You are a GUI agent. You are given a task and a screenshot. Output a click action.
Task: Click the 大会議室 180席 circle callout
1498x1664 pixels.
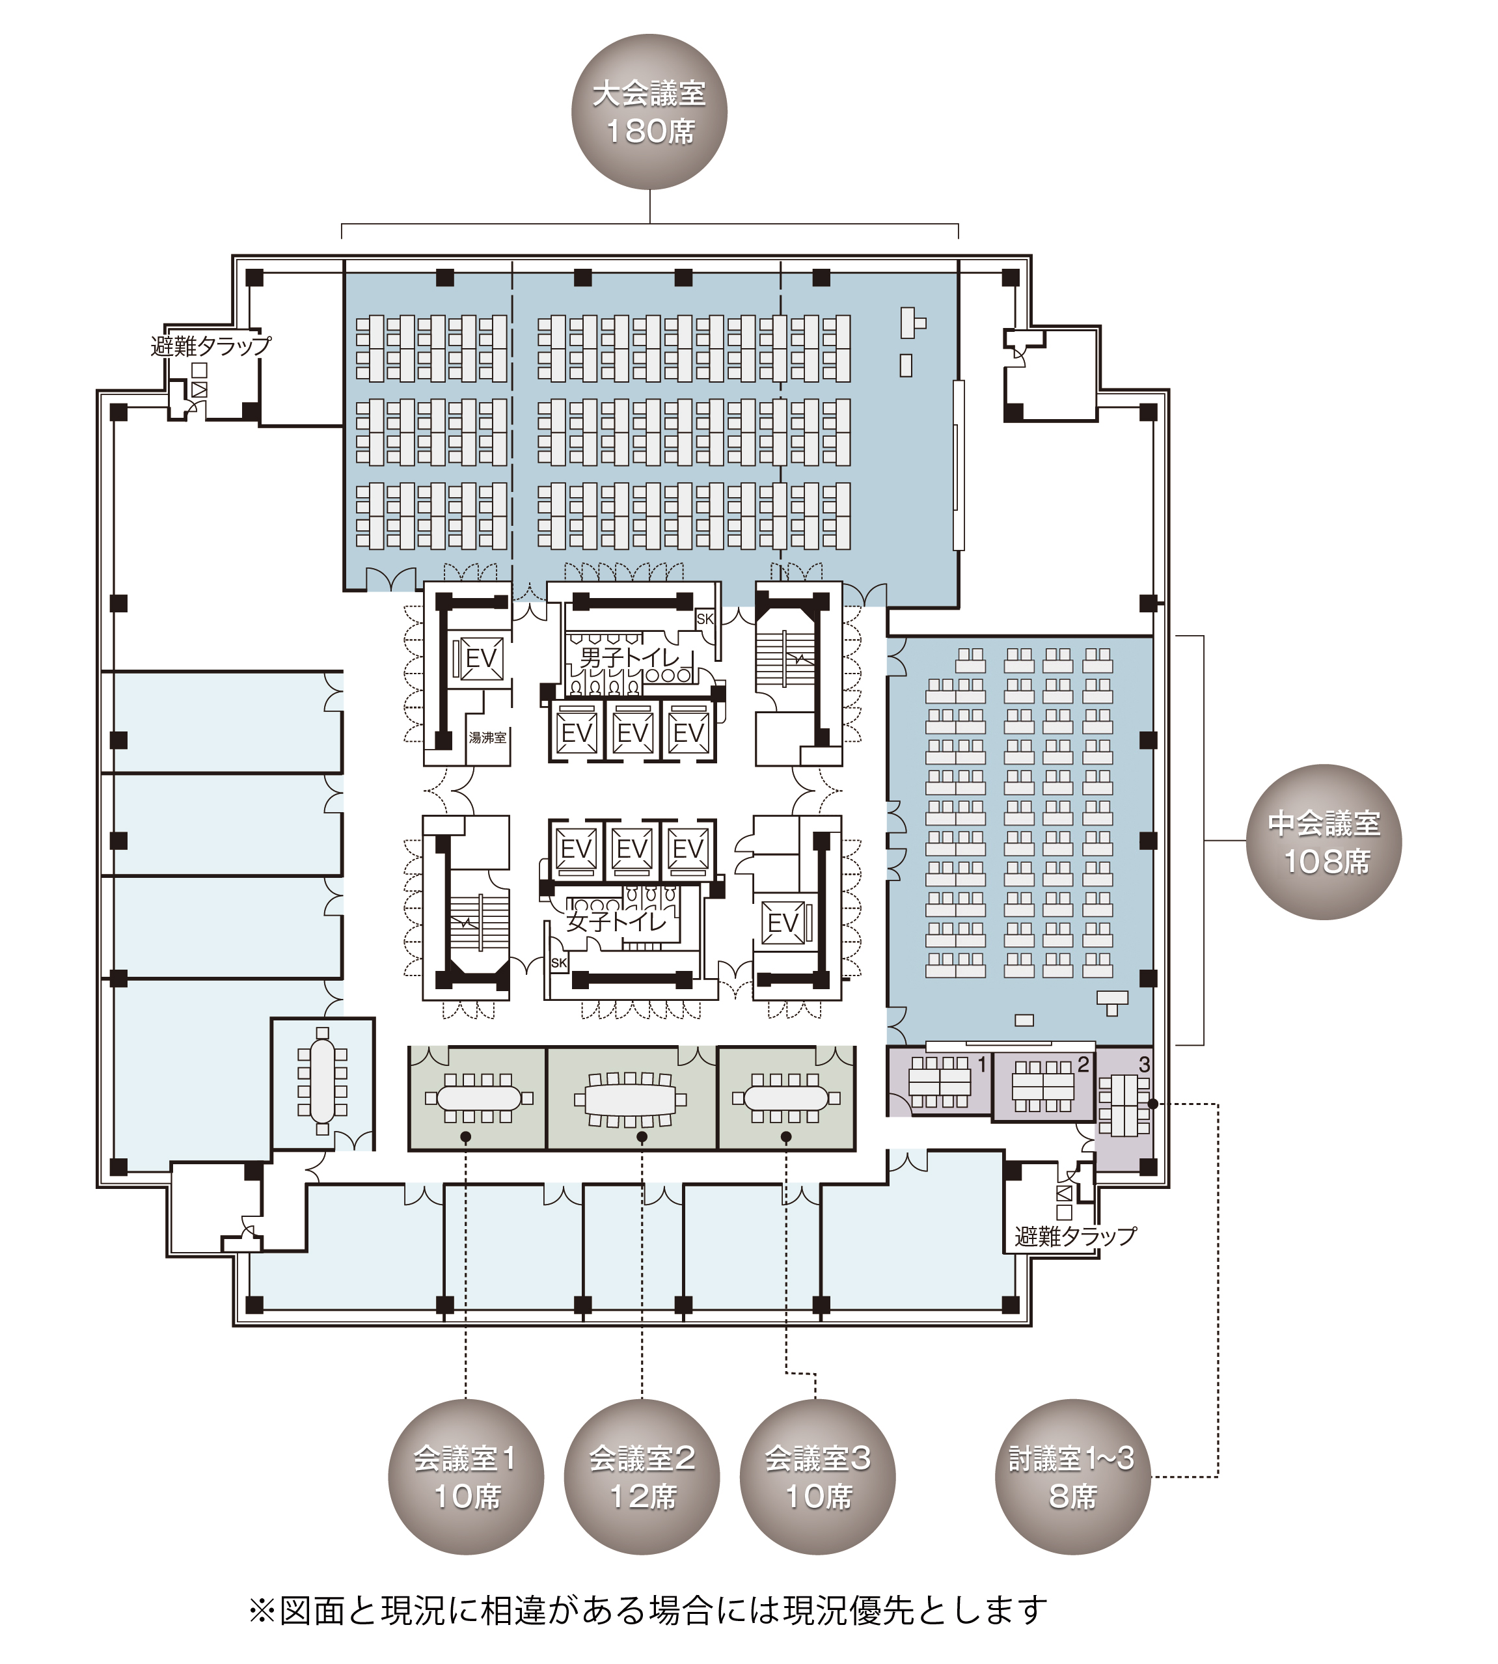(x=649, y=112)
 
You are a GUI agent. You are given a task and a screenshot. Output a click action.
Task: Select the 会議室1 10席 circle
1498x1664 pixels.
(x=466, y=1477)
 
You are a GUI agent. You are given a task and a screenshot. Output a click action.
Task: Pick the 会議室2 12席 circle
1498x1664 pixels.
(x=642, y=1477)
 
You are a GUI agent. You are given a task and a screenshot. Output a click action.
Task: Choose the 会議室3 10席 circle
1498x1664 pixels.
(x=817, y=1477)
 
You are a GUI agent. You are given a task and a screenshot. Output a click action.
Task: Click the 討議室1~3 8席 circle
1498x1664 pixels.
(x=1072, y=1477)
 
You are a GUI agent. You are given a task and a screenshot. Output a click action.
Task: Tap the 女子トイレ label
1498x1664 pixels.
(x=616, y=921)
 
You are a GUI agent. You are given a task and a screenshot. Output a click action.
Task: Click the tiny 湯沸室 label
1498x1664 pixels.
(x=487, y=738)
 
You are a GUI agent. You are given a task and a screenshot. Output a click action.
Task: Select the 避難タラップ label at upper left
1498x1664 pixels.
(x=211, y=346)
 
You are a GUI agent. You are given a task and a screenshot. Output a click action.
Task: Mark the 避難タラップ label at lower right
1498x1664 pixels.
(x=1075, y=1236)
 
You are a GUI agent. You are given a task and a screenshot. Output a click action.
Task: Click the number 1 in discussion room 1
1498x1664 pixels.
(x=981, y=1065)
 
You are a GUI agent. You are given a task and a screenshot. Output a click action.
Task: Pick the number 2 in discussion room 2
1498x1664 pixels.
(x=1083, y=1065)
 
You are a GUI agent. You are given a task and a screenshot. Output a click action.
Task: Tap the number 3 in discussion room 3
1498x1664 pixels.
(x=1144, y=1065)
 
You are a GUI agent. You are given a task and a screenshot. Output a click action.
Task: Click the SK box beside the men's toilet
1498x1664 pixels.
(x=705, y=619)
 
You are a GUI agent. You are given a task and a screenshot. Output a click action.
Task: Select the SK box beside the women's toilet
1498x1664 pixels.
(x=559, y=963)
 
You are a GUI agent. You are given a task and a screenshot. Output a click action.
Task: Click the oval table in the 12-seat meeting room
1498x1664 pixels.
(x=631, y=1098)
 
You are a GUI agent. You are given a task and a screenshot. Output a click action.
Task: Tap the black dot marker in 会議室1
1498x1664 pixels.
(x=466, y=1138)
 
